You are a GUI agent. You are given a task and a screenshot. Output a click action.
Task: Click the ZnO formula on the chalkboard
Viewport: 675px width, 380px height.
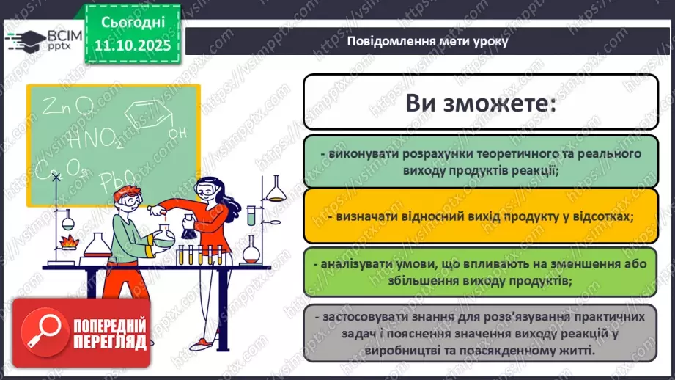click(x=67, y=108)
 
